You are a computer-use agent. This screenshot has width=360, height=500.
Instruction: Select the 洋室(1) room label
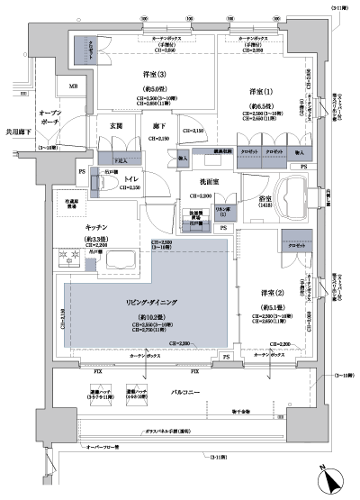point(261,92)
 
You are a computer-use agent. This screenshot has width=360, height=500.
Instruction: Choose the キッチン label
point(72,228)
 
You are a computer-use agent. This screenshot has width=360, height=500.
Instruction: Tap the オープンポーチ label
point(54,121)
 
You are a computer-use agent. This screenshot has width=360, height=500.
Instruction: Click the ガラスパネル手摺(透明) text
point(187,432)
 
